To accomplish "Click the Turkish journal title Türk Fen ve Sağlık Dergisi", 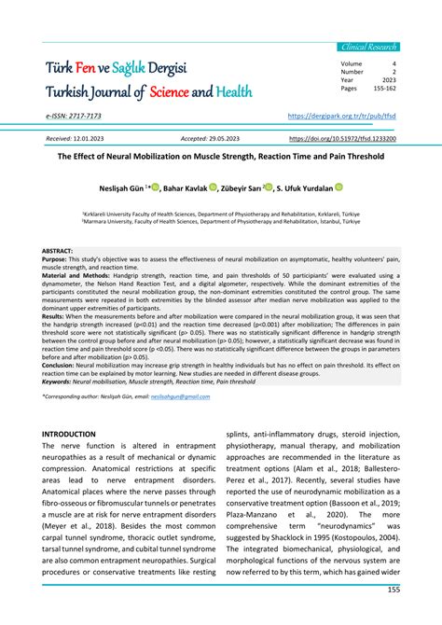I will click(129, 69).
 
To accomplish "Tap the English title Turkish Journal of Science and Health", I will click(148, 93).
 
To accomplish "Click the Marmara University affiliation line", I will click(220, 223).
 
